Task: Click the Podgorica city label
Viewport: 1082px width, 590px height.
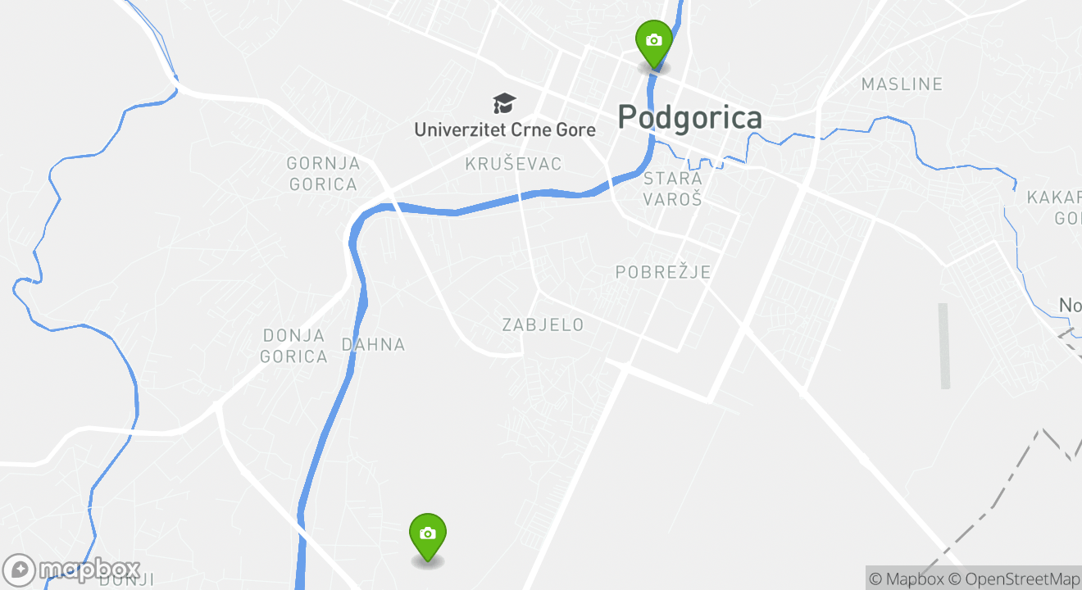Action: pyautogui.click(x=689, y=118)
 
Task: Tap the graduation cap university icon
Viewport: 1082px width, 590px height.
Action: pyautogui.click(x=504, y=104)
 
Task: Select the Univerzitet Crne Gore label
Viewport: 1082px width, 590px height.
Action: pyautogui.click(x=504, y=129)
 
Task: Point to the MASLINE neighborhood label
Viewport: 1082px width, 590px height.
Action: pyautogui.click(x=902, y=84)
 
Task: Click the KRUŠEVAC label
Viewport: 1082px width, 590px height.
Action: pyautogui.click(x=513, y=164)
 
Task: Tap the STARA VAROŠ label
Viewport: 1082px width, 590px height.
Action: pyautogui.click(x=672, y=188)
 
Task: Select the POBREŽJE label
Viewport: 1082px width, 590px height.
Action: pyautogui.click(x=662, y=272)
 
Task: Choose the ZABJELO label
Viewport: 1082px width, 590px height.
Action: pyautogui.click(x=543, y=325)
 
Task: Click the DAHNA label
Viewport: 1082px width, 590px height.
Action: pyautogui.click(x=373, y=345)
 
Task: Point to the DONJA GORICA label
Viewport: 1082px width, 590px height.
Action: pyautogui.click(x=293, y=346)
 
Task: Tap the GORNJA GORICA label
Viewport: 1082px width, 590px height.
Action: pyautogui.click(x=322, y=174)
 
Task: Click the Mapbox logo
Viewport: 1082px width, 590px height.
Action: pyautogui.click(x=71, y=570)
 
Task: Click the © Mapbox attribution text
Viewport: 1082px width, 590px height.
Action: pyautogui.click(x=907, y=579)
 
